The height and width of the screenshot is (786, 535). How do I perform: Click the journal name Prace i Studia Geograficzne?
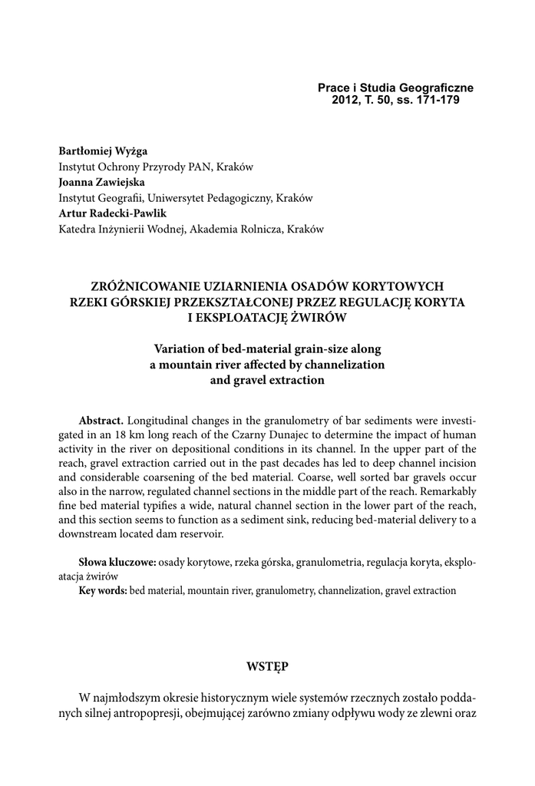(395, 88)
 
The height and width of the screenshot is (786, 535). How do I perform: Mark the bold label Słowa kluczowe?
(117, 563)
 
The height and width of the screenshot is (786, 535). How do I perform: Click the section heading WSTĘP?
(267, 666)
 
